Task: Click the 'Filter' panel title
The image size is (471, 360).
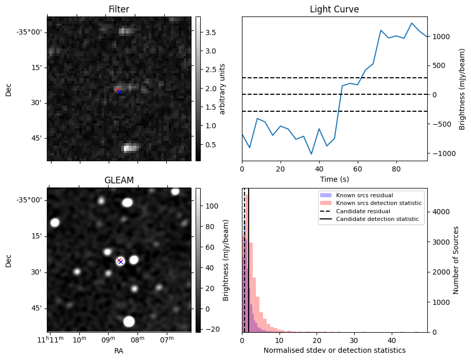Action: pos(119,9)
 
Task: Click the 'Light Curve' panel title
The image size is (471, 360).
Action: pos(334,9)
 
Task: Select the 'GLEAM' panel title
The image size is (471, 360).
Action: pos(119,180)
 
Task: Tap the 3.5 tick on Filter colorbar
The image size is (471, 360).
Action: pos(211,32)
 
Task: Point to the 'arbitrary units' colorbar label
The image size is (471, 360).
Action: pos(222,89)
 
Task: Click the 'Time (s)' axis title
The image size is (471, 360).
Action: pos(334,179)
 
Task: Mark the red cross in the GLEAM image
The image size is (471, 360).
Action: pos(119,260)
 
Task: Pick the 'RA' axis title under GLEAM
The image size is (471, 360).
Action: pos(119,351)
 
